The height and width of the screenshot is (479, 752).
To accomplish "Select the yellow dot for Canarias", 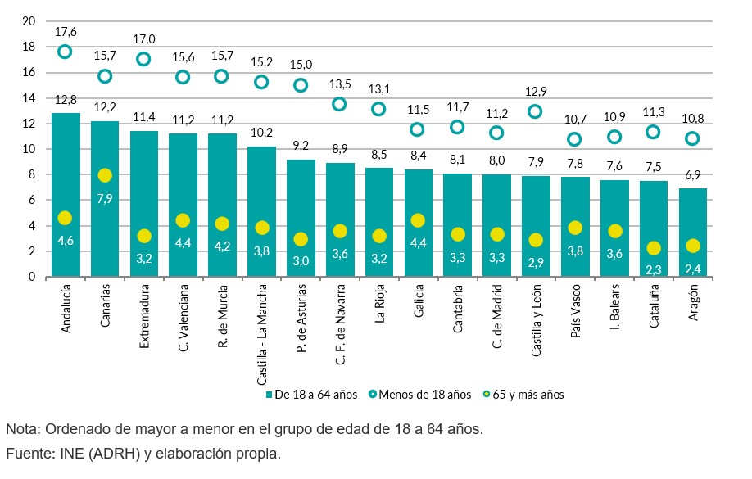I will point(104,175).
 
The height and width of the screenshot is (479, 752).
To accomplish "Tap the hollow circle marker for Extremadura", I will point(143,59).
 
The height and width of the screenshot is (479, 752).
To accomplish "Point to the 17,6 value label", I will point(66,32).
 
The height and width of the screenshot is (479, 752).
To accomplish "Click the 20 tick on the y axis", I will point(29,21).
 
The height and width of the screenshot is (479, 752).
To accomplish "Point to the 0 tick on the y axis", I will point(33,277).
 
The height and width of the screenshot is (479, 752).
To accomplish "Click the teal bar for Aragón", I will point(693,233).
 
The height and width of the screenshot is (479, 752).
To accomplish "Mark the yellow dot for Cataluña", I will point(654,248).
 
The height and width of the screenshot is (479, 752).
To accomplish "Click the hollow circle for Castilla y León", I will point(536,111).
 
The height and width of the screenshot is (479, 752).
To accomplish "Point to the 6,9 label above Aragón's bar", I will point(693,175).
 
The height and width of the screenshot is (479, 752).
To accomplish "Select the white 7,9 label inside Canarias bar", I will point(104,197).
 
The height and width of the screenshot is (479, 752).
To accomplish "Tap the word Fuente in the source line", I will point(27,453).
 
